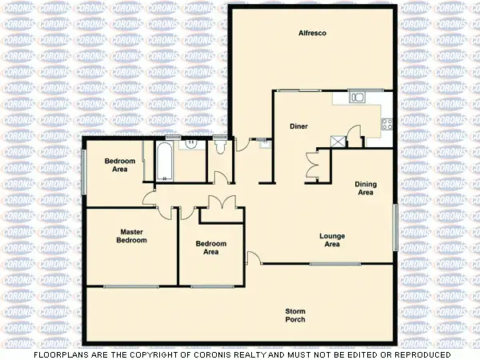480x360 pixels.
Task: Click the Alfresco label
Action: click(310, 34)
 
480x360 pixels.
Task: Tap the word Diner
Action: click(298, 126)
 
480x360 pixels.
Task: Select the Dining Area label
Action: click(366, 188)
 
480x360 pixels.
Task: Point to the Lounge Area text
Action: click(332, 239)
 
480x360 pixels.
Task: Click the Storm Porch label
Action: click(295, 315)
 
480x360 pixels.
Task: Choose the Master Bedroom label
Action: click(132, 236)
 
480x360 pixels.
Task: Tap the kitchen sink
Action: click(358, 98)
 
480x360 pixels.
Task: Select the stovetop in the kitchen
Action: click(387, 125)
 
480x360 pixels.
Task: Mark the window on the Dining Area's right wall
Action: click(395, 226)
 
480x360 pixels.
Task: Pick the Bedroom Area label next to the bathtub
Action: click(120, 165)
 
